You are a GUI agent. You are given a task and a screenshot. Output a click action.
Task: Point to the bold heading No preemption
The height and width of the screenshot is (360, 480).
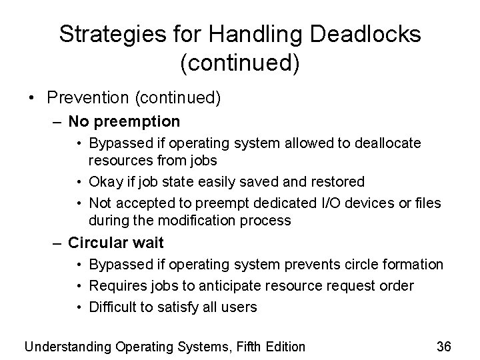click(124, 121)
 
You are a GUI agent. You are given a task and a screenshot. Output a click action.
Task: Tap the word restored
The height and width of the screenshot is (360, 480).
click(337, 181)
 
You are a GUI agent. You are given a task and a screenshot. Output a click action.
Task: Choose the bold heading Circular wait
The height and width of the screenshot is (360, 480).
click(117, 243)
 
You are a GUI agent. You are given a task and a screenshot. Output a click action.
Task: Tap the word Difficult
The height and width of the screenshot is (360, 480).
click(115, 307)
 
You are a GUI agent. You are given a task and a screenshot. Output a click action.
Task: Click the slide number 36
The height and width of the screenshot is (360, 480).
click(444, 347)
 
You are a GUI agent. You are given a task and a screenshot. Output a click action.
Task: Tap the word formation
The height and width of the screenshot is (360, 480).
click(411, 265)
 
